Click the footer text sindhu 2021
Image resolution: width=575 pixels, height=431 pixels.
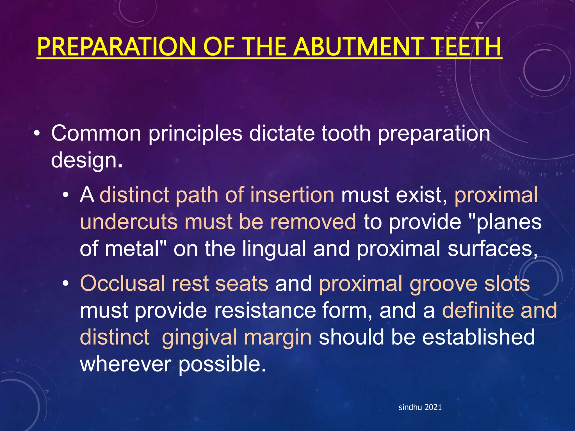[420, 407]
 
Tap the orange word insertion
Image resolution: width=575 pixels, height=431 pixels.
[292, 195]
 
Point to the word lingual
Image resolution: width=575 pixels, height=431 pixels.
[274, 249]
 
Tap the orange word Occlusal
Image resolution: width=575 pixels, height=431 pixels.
[122, 283]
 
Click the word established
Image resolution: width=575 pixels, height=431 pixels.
[478, 337]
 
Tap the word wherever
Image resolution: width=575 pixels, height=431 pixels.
[126, 364]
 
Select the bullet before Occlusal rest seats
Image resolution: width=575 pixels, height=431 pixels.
[65, 283]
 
